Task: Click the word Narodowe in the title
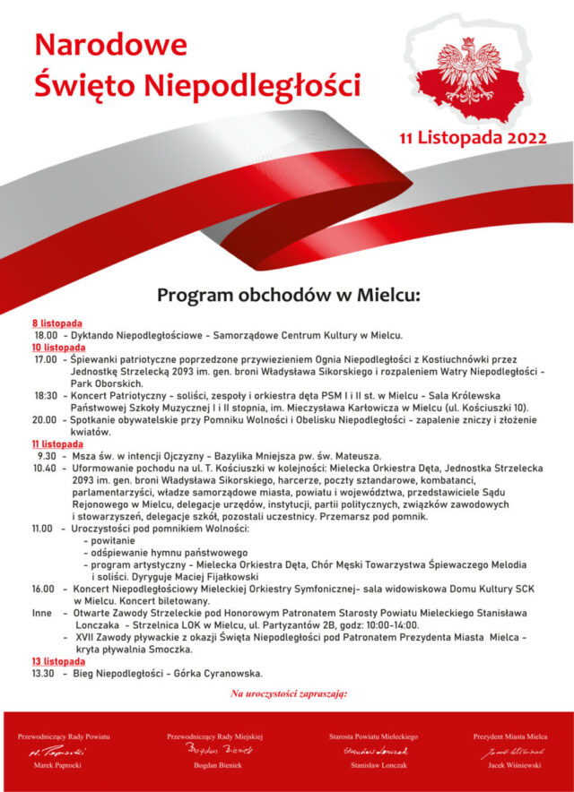tap(110, 44)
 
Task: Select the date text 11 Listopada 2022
tap(474, 138)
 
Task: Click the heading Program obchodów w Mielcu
tap(289, 295)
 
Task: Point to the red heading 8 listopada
tap(57, 323)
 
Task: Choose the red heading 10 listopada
tap(59, 347)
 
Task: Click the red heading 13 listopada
tap(59, 661)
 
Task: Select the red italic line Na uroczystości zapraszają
tap(289, 693)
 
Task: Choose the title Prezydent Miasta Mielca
tap(510, 736)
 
